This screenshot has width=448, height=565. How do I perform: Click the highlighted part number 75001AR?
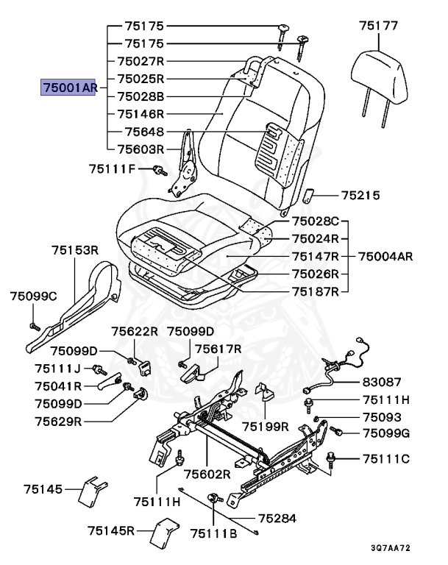69,88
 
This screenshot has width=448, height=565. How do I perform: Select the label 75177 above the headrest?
379,26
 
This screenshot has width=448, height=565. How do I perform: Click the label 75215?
360,196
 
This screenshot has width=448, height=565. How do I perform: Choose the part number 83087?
381,383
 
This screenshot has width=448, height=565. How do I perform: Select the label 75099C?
33,296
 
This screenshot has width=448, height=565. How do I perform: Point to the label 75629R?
58,422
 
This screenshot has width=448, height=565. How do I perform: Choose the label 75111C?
385,459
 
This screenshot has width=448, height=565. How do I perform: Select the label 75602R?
207,475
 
